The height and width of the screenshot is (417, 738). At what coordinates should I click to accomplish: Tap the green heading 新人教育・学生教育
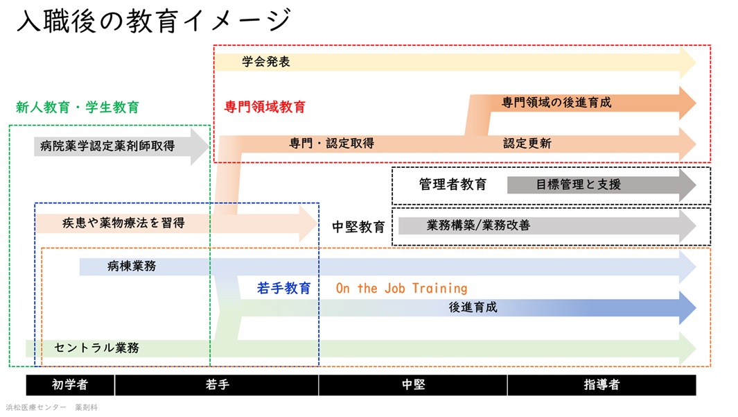click(x=78, y=107)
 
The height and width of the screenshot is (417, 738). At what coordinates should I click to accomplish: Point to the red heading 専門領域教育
click(x=265, y=107)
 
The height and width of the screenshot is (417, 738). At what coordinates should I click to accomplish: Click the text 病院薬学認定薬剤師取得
click(x=107, y=146)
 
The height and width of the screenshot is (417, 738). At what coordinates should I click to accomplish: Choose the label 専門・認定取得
click(x=331, y=144)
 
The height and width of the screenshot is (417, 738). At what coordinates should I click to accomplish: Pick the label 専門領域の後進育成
click(x=556, y=102)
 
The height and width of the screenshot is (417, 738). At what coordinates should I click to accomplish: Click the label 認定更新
click(x=527, y=144)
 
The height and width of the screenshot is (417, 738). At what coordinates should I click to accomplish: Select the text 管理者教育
click(x=453, y=185)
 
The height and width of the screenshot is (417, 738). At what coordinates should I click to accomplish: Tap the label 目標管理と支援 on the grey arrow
click(x=578, y=185)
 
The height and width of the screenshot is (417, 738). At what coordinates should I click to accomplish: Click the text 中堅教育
click(x=358, y=227)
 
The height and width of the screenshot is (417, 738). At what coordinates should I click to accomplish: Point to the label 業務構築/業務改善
click(x=478, y=225)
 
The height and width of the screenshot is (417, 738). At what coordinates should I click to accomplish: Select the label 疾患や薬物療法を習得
click(x=123, y=223)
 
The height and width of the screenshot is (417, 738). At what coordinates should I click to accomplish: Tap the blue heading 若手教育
click(x=283, y=289)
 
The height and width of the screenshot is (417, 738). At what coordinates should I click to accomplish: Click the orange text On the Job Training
click(x=401, y=288)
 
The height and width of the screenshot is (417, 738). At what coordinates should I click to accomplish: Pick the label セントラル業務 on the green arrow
click(x=96, y=348)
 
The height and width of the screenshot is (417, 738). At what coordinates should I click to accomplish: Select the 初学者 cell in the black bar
click(x=70, y=385)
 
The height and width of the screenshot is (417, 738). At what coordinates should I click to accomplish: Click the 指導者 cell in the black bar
click(x=601, y=385)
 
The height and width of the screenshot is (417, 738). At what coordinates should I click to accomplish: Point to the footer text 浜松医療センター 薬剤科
click(x=52, y=407)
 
